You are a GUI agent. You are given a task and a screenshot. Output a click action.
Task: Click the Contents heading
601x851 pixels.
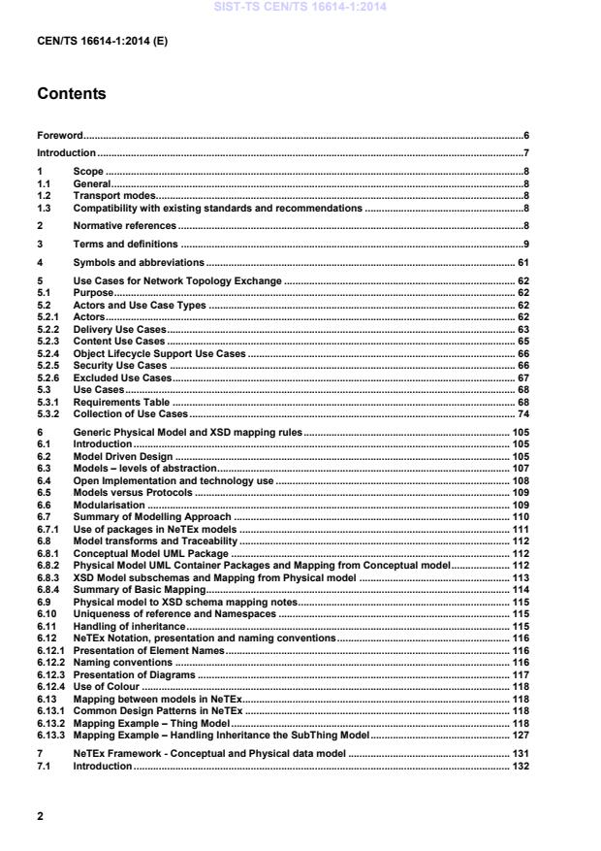pyautogui.click(x=71, y=95)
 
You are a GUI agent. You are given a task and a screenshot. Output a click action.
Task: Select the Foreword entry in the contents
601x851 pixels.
pyautogui.click(x=59, y=136)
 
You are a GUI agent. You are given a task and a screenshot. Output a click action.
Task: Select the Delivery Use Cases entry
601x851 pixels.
pyautogui.click(x=120, y=330)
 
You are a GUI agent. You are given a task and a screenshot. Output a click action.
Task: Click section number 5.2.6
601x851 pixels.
pyautogui.click(x=47, y=376)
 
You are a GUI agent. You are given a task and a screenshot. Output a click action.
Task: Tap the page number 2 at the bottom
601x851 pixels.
pyautogui.click(x=40, y=816)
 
